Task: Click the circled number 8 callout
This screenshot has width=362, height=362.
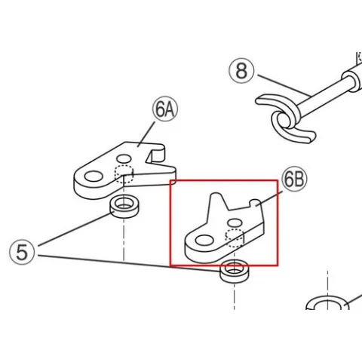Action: pyautogui.click(x=241, y=71)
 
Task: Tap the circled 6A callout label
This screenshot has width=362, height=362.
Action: pyautogui.click(x=165, y=109)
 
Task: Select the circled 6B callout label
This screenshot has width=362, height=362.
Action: pyautogui.click(x=294, y=179)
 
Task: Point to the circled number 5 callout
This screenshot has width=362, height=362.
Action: pyautogui.click(x=22, y=252)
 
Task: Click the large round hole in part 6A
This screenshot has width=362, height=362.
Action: pyautogui.click(x=94, y=176)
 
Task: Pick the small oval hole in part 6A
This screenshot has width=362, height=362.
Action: pyautogui.click(x=124, y=159)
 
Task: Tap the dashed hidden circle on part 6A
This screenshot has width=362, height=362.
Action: pyautogui.click(x=124, y=174)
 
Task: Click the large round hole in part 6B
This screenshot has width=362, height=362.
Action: pyautogui.click(x=204, y=241)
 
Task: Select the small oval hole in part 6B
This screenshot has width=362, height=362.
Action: pyautogui.click(x=235, y=222)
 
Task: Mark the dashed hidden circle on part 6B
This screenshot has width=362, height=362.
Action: pyautogui.click(x=235, y=238)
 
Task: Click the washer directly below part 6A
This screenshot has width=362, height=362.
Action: pyautogui.click(x=124, y=207)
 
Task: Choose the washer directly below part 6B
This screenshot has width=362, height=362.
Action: pyautogui.click(x=235, y=271)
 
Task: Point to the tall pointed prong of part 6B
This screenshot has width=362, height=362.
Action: pyautogui.click(x=216, y=202)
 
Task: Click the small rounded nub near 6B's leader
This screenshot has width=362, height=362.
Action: pyautogui.click(x=255, y=202)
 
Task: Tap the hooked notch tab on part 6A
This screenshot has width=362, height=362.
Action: pyautogui.click(x=156, y=152)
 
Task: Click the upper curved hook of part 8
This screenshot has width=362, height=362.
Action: pyautogui.click(x=278, y=105)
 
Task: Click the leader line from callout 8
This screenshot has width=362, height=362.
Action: pyautogui.click(x=284, y=85)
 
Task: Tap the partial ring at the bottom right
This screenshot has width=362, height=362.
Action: pyautogui.click(x=327, y=300)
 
